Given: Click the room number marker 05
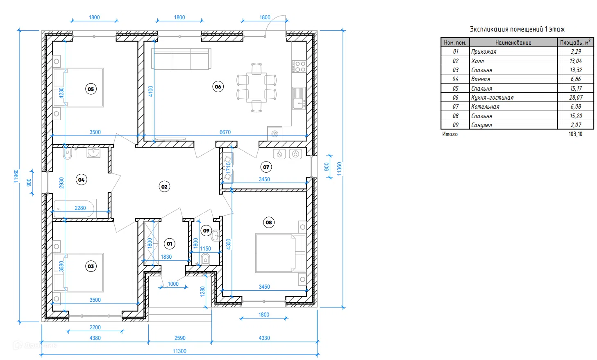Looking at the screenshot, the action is click(x=91, y=89).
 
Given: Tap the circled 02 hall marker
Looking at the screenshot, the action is click(x=164, y=187).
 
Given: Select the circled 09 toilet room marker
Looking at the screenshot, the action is click(x=206, y=231).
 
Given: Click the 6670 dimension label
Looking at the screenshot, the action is click(x=225, y=132).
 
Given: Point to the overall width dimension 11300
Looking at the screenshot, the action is click(x=179, y=351).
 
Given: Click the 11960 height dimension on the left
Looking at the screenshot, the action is click(x=16, y=176).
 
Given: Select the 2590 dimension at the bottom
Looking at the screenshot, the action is click(x=180, y=338).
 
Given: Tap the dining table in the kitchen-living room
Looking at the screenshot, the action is click(x=257, y=87).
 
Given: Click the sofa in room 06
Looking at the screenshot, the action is click(x=181, y=59).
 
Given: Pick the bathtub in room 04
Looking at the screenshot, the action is click(x=74, y=209).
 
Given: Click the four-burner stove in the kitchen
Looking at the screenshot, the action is click(x=299, y=67).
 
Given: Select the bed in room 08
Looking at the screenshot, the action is click(x=280, y=253).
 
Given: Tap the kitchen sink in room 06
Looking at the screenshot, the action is click(x=299, y=98).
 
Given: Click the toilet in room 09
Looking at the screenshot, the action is click(x=205, y=259).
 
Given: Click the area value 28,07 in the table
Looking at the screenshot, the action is click(x=576, y=97).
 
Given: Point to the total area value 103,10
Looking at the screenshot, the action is click(x=575, y=134).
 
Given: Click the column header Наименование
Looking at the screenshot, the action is click(x=513, y=42).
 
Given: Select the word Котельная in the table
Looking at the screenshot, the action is click(x=485, y=107).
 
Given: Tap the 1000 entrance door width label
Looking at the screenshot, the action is click(x=173, y=284).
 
